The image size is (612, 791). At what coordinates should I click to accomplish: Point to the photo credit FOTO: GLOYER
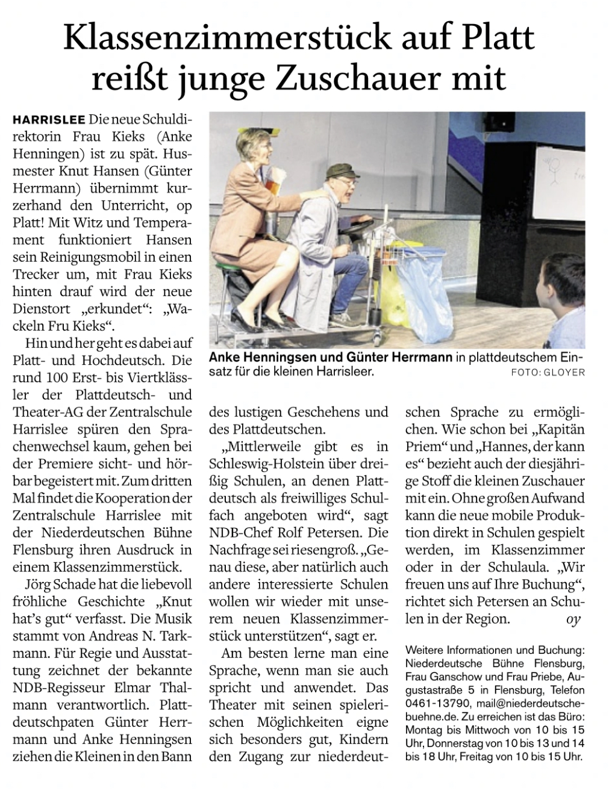(548, 373)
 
